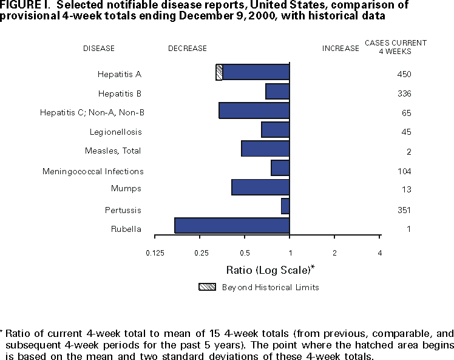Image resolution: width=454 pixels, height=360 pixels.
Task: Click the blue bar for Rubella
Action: (x=232, y=225)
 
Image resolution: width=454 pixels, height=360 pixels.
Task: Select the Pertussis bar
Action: (x=285, y=206)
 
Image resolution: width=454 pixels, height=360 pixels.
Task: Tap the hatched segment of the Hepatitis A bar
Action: (x=219, y=72)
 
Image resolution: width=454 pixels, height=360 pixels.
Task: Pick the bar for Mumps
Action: (x=260, y=187)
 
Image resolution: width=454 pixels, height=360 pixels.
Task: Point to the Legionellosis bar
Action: (x=275, y=130)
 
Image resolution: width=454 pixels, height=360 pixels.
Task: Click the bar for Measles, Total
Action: (x=265, y=149)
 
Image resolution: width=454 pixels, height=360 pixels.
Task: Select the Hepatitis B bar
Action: (x=277, y=92)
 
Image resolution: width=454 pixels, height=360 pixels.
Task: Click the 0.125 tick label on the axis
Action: (x=155, y=253)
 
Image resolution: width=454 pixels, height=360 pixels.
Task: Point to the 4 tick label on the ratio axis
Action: (x=379, y=253)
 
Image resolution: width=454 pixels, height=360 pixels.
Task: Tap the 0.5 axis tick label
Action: (x=245, y=253)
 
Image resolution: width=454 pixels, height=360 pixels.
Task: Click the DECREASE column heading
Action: (x=187, y=49)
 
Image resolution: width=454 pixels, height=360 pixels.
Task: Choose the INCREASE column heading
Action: (x=340, y=49)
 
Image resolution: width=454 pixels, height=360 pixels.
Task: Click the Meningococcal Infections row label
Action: (x=93, y=172)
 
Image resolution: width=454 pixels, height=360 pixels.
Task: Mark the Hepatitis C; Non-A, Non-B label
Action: (x=92, y=113)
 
